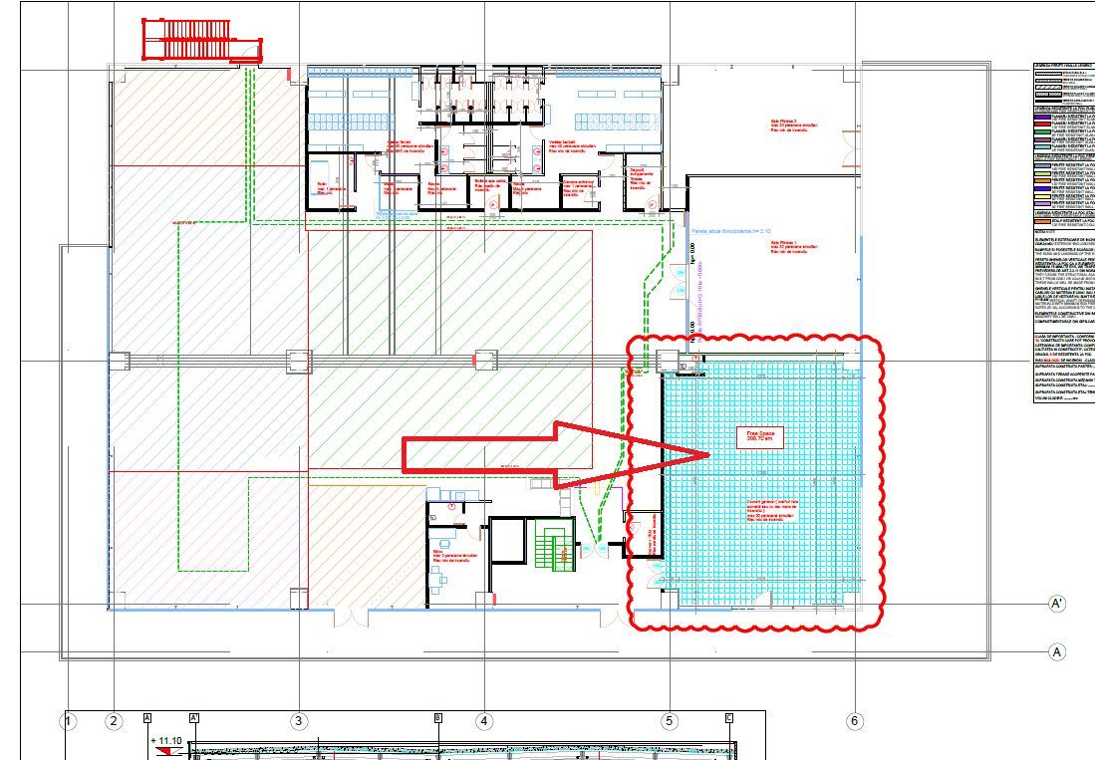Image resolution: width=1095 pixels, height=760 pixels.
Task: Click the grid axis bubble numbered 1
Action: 69,721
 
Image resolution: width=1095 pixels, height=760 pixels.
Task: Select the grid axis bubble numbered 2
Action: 114,721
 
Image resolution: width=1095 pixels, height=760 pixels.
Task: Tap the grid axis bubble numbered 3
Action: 299,721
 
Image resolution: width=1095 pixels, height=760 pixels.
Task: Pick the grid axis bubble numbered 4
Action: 483,721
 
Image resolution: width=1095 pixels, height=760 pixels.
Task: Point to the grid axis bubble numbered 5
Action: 670,721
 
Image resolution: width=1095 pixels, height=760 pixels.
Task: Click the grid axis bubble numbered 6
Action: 854,721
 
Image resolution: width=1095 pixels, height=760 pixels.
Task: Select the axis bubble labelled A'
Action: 1056,604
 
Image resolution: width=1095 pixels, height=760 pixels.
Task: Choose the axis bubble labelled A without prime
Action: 1056,651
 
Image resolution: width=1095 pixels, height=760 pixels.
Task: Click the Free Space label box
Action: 760,435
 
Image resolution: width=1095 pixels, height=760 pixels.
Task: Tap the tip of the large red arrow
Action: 707,455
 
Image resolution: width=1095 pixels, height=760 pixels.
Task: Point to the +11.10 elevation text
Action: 166,741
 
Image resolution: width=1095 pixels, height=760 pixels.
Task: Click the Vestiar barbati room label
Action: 569,146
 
